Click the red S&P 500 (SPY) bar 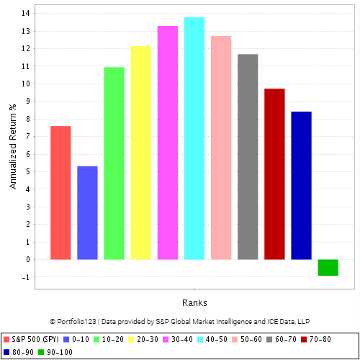60,192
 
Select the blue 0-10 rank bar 87,212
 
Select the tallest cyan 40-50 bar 194,138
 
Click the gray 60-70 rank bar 248,156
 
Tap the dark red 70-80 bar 274,174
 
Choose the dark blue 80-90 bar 301,185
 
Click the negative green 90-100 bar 328,267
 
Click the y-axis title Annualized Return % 12,146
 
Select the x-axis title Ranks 194,302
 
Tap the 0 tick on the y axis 27,259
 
